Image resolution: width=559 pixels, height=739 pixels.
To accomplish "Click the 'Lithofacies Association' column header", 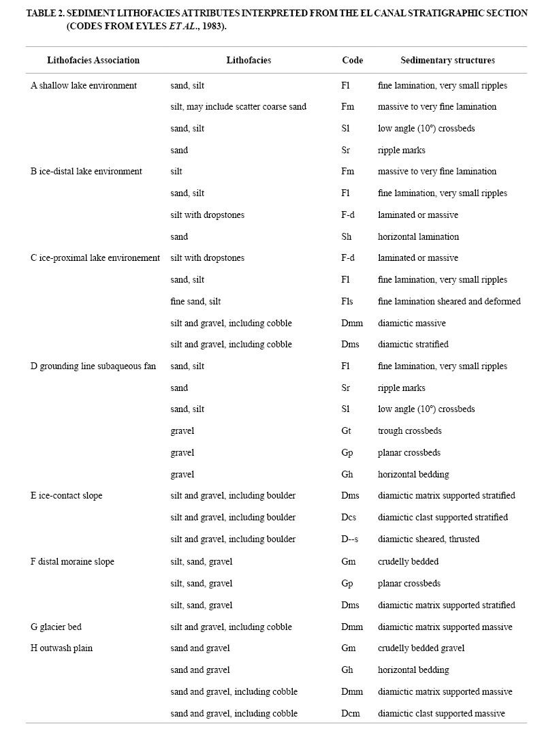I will tap(93, 60).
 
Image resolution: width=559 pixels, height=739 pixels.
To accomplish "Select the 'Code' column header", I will tap(352, 60).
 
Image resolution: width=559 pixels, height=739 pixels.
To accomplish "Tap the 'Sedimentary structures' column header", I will tap(447, 60).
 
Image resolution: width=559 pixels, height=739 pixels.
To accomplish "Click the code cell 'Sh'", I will tap(346, 236).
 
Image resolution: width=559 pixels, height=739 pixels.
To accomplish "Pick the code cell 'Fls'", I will tap(347, 301).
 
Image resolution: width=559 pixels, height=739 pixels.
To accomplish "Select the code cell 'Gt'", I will tap(346, 431).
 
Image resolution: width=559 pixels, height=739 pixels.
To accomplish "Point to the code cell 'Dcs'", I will tap(349, 518).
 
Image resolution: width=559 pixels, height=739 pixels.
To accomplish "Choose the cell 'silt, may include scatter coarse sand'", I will tap(238, 107).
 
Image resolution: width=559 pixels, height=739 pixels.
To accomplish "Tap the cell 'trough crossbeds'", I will tap(410, 431).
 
